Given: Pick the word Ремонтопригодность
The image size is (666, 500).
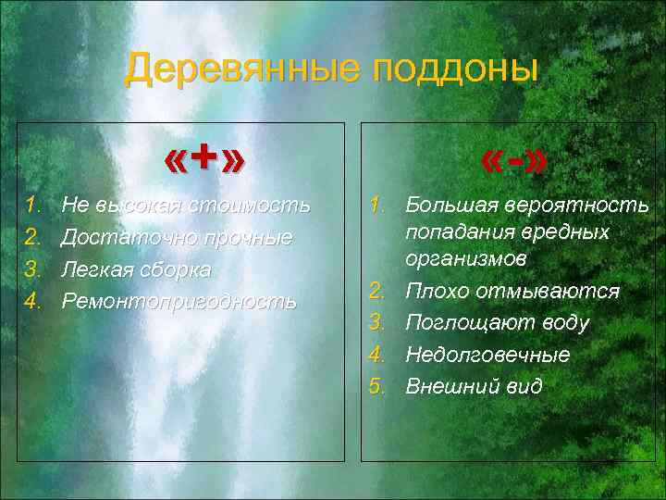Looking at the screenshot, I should point(179,302).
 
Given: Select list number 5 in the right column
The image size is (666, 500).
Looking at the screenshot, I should point(376,385).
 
